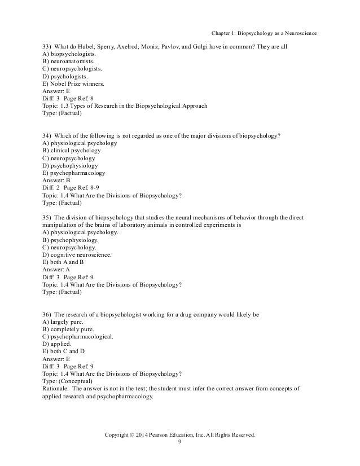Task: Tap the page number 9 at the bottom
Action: click(x=179, y=443)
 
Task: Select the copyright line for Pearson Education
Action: click(x=179, y=435)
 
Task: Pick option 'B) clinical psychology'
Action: click(x=72, y=151)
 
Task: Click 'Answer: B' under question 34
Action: click(x=56, y=181)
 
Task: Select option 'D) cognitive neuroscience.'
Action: click(x=76, y=254)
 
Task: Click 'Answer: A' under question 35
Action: click(x=56, y=270)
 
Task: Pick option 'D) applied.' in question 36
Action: click(x=57, y=344)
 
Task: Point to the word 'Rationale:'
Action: click(x=56, y=388)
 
